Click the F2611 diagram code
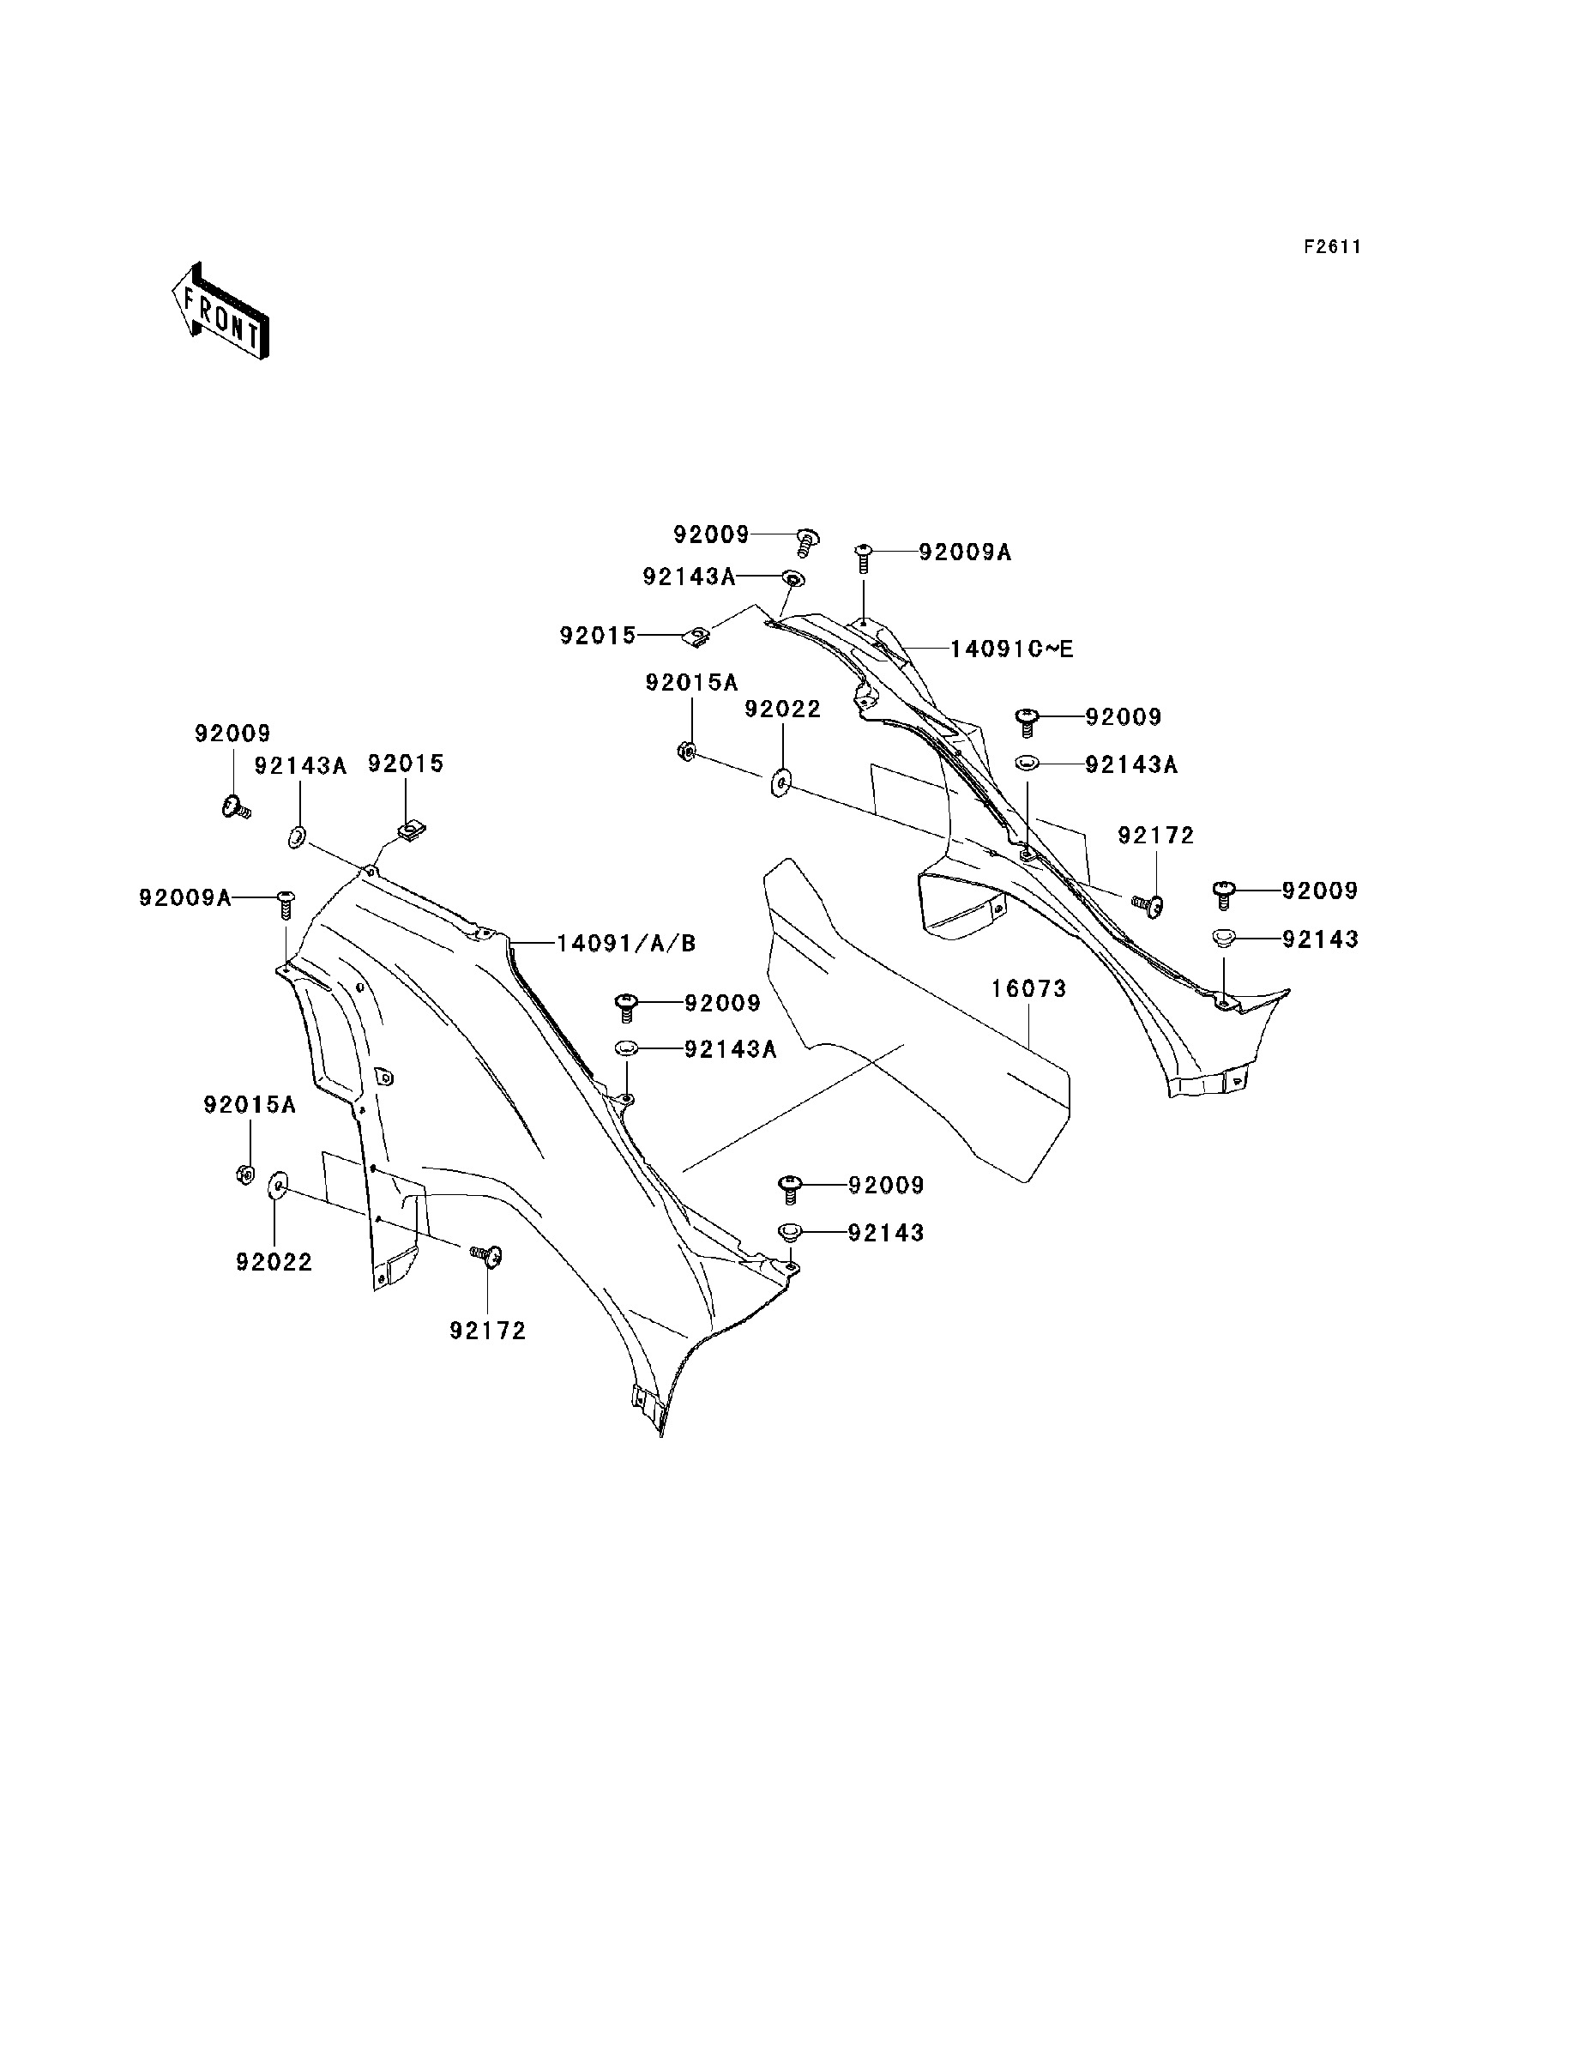[1332, 247]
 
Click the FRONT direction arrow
[221, 311]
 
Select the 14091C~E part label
[1011, 649]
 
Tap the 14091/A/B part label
[626, 943]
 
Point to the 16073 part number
[1029, 989]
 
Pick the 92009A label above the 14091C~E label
[966, 552]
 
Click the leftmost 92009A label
[185, 898]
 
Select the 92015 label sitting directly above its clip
[406, 764]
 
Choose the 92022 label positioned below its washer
[274, 1262]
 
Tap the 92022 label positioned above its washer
[783, 709]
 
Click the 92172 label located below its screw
[488, 1331]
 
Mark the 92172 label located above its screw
[1156, 836]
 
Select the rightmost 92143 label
[1320, 939]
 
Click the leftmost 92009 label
[233, 734]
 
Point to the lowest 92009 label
[886, 1186]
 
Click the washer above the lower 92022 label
[277, 1186]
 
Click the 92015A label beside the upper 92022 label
[692, 684]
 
